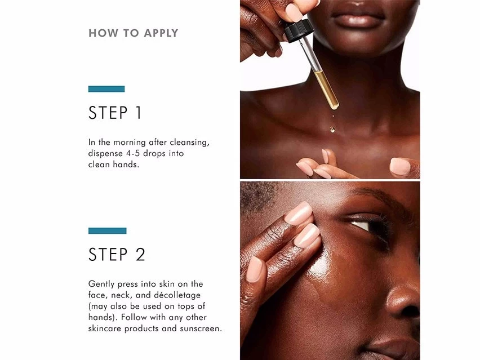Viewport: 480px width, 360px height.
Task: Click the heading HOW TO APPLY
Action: point(133,33)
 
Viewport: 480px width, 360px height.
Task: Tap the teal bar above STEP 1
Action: point(106,89)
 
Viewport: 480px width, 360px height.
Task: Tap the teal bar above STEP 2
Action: point(107,230)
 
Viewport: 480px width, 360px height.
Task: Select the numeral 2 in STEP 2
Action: point(140,254)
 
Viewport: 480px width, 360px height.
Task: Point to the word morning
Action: point(129,143)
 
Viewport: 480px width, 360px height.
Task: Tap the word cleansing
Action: point(189,143)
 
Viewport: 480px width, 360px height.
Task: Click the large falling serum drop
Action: point(332,130)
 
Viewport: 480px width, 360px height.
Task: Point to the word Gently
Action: point(101,285)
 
